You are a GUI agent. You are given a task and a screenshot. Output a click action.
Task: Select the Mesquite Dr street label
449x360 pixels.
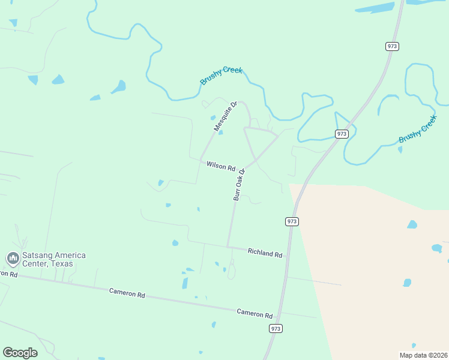pos(226,116)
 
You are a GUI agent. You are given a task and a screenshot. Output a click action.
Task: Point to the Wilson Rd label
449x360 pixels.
pos(220,166)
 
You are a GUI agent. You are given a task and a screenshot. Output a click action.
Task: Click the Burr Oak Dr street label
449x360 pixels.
pos(240,185)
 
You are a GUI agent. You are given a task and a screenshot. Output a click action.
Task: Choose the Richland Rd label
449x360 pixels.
pos(265,254)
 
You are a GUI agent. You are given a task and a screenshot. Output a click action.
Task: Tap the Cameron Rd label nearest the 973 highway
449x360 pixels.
pos(255,313)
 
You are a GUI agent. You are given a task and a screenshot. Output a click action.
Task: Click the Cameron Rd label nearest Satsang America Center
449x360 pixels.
pos(127,294)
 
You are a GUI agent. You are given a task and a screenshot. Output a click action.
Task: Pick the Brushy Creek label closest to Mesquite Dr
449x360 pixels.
pos(221,75)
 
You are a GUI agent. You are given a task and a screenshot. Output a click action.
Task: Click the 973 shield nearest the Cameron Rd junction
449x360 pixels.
pos(276,328)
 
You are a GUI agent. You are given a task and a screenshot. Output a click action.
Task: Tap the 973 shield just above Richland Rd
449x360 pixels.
pos(292,221)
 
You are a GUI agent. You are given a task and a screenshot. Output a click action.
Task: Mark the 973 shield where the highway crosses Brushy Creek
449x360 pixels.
pos(342,134)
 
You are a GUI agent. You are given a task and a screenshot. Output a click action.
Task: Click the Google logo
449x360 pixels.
pos(20,352)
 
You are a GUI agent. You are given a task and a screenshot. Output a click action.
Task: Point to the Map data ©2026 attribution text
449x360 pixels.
pos(423,355)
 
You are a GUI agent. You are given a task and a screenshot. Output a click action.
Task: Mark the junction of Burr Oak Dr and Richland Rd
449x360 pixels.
pos(228,247)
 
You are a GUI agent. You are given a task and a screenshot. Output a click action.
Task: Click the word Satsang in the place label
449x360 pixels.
pos(38,256)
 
